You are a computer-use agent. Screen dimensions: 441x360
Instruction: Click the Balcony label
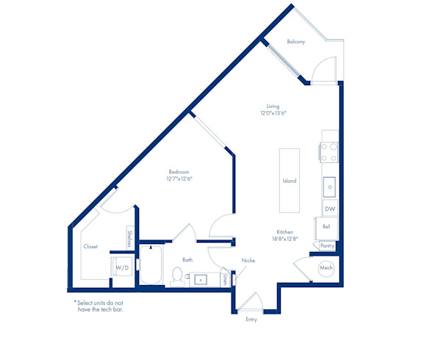pos(296,42)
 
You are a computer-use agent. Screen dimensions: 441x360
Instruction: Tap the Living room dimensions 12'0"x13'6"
pos(273,113)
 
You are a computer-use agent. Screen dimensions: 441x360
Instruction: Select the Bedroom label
pos(179,172)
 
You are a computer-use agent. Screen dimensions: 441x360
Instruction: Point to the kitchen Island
pos(290,181)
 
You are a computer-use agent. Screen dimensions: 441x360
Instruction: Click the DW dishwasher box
pos(330,209)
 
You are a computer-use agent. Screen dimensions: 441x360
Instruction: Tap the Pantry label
pos(327,246)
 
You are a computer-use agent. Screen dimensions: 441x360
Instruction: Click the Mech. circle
pos(326,268)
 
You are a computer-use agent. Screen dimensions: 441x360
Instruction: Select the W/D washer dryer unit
pos(122,266)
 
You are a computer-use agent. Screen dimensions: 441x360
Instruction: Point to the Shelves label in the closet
pos(129,239)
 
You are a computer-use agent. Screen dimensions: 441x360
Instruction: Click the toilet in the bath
pos(177,277)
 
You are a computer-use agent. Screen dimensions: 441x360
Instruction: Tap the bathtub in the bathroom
pos(151,265)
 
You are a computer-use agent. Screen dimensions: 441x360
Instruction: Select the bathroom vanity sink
pos(201,280)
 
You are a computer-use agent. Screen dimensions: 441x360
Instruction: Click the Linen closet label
pos(225,280)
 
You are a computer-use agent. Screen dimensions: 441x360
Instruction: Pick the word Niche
pos(248,261)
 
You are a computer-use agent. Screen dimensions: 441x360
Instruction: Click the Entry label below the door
pos(251,320)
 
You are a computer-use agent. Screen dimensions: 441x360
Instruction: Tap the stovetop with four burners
pos(329,153)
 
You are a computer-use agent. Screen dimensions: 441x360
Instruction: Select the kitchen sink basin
pos(329,187)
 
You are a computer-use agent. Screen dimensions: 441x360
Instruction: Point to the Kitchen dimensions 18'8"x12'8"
pos(285,240)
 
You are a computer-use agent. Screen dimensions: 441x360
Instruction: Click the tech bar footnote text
pos(98,306)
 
